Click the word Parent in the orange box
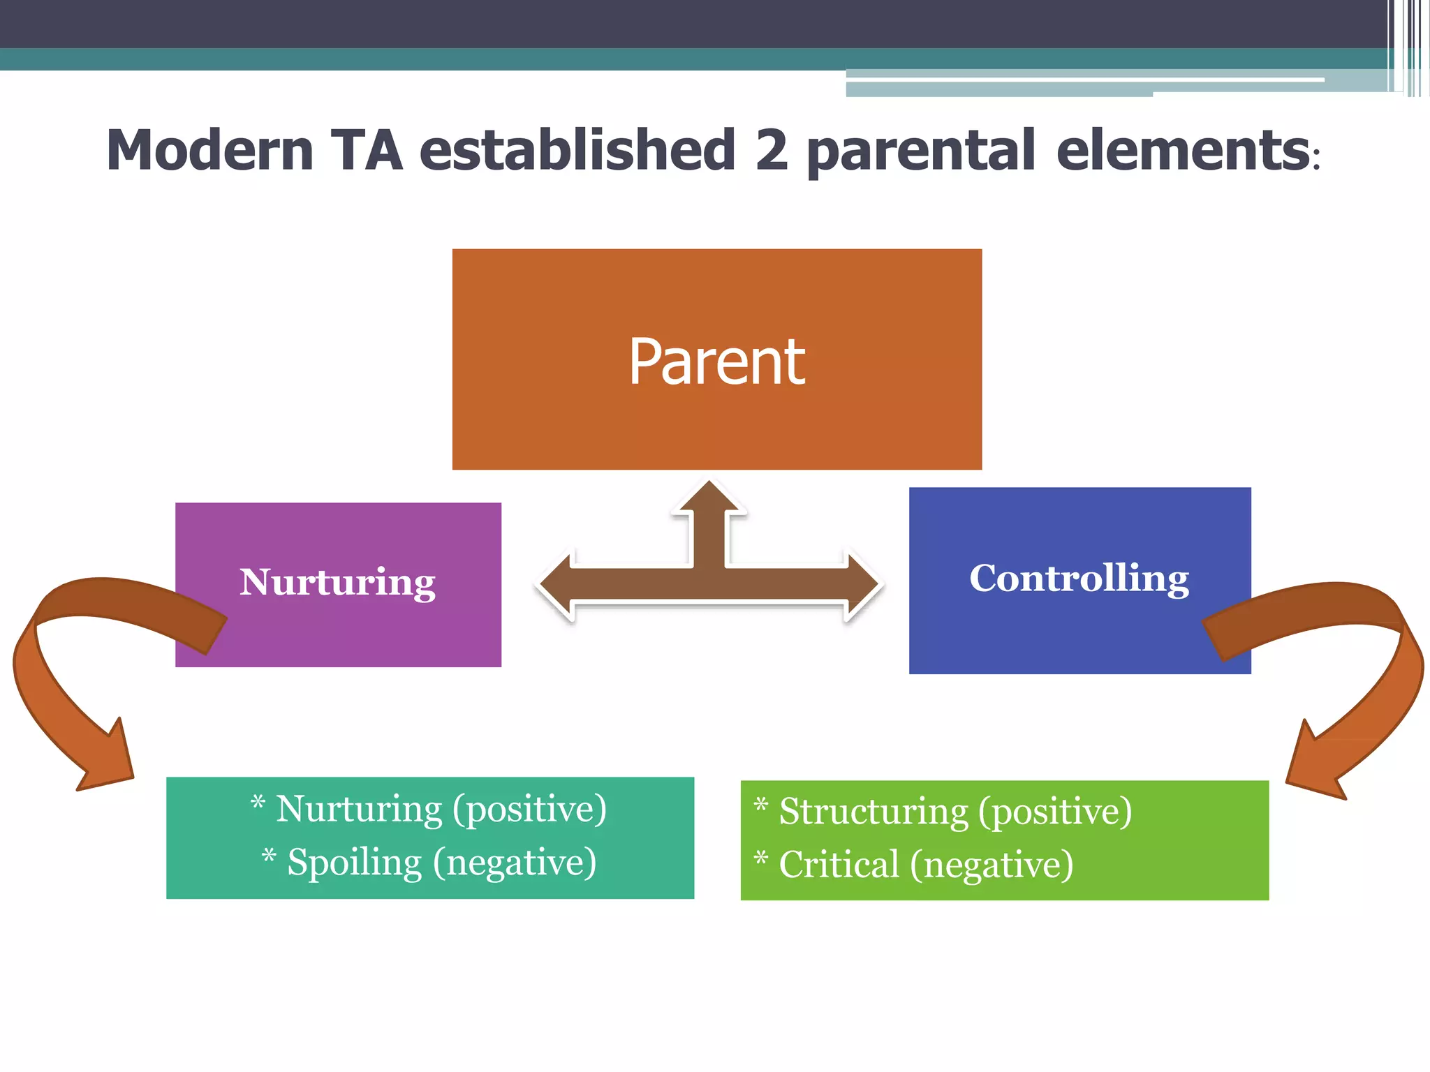[x=716, y=362]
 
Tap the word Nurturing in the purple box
[x=337, y=583]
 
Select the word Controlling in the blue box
[x=1079, y=579]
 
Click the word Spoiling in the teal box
[x=355, y=863]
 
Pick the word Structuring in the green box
[x=874, y=812]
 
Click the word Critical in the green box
[x=839, y=865]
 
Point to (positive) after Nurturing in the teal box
[x=529, y=810]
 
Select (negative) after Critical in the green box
[x=992, y=865]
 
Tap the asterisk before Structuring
[x=761, y=807]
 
